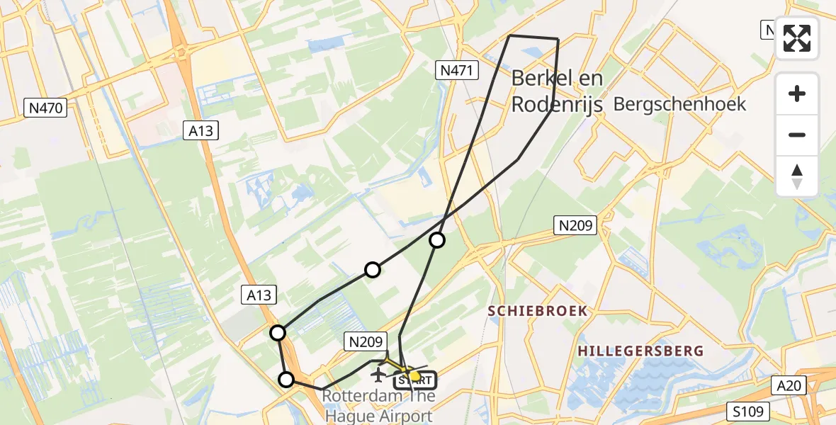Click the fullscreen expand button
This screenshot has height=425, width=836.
click(797, 38)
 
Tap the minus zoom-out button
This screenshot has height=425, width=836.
click(797, 135)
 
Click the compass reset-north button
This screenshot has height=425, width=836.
click(797, 176)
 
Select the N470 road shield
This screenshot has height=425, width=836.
click(47, 108)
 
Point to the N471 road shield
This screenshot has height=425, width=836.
click(457, 69)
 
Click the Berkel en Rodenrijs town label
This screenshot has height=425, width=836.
click(557, 91)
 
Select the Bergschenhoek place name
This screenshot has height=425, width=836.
click(679, 104)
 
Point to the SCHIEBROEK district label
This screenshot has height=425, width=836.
click(537, 310)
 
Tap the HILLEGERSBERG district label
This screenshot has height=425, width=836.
click(640, 351)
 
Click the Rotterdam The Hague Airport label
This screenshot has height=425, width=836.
click(377, 406)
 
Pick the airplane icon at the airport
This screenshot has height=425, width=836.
click(379, 373)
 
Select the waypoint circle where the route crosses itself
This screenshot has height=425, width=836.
click(437, 240)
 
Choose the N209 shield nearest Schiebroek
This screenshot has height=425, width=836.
click(575, 226)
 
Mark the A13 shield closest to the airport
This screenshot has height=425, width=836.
click(259, 295)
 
